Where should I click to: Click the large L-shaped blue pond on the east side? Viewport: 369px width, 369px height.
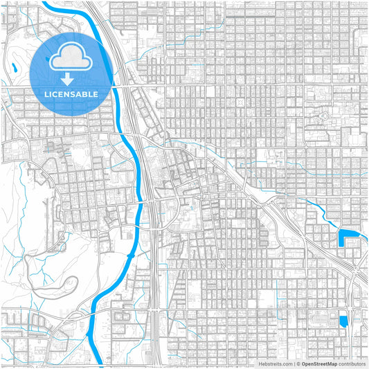click(x=344, y=237)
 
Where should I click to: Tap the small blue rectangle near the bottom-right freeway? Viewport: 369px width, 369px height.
click(x=343, y=321)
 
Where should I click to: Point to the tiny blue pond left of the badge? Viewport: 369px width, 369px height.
click(x=14, y=68)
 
